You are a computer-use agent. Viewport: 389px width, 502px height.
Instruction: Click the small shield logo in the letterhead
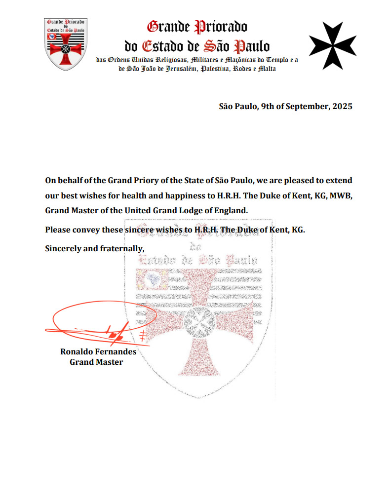pyautogui.click(x=65, y=43)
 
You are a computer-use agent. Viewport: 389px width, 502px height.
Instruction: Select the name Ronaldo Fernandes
pyautogui.click(x=98, y=352)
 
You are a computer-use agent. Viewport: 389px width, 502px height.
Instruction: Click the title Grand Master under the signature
pyautogui.click(x=96, y=362)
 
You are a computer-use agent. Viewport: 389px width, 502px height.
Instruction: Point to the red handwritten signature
pyautogui.click(x=99, y=323)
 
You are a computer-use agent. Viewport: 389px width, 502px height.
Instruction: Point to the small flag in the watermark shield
pyautogui.click(x=152, y=279)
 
